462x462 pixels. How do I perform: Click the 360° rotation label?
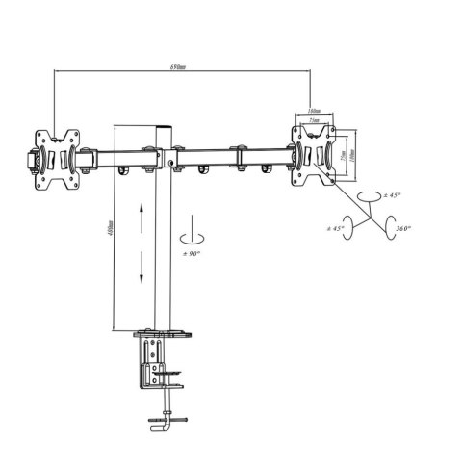403,228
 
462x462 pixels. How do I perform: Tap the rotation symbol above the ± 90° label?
192,233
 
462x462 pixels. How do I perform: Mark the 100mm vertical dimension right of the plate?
352,154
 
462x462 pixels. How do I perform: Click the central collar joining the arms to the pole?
162,154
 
